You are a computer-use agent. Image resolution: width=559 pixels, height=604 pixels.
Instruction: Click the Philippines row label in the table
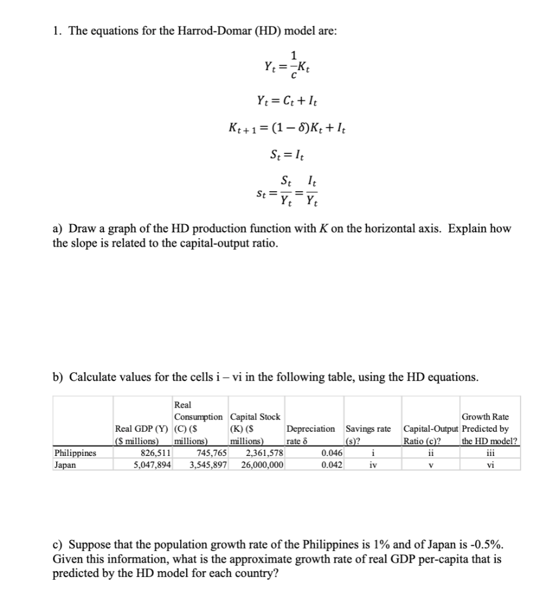click(x=75, y=453)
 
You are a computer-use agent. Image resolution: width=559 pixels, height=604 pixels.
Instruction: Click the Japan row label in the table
click(x=64, y=464)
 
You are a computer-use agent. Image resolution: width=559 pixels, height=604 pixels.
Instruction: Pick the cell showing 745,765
click(x=209, y=453)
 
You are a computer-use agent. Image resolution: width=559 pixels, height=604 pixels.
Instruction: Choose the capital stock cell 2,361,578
click(x=264, y=453)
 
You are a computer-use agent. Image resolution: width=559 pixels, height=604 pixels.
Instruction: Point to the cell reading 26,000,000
click(x=262, y=464)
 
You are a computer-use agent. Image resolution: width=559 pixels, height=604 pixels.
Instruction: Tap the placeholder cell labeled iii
click(x=489, y=453)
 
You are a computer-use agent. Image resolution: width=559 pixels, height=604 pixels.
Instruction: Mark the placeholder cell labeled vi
click(x=489, y=464)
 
